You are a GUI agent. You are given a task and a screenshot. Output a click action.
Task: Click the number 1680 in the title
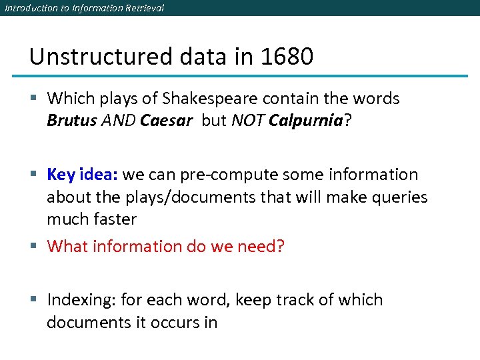[287, 57]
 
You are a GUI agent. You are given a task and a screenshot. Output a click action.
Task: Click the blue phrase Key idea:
[83, 175]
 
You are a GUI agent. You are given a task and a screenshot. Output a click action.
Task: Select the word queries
[397, 197]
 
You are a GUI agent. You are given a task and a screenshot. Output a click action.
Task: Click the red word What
[69, 247]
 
